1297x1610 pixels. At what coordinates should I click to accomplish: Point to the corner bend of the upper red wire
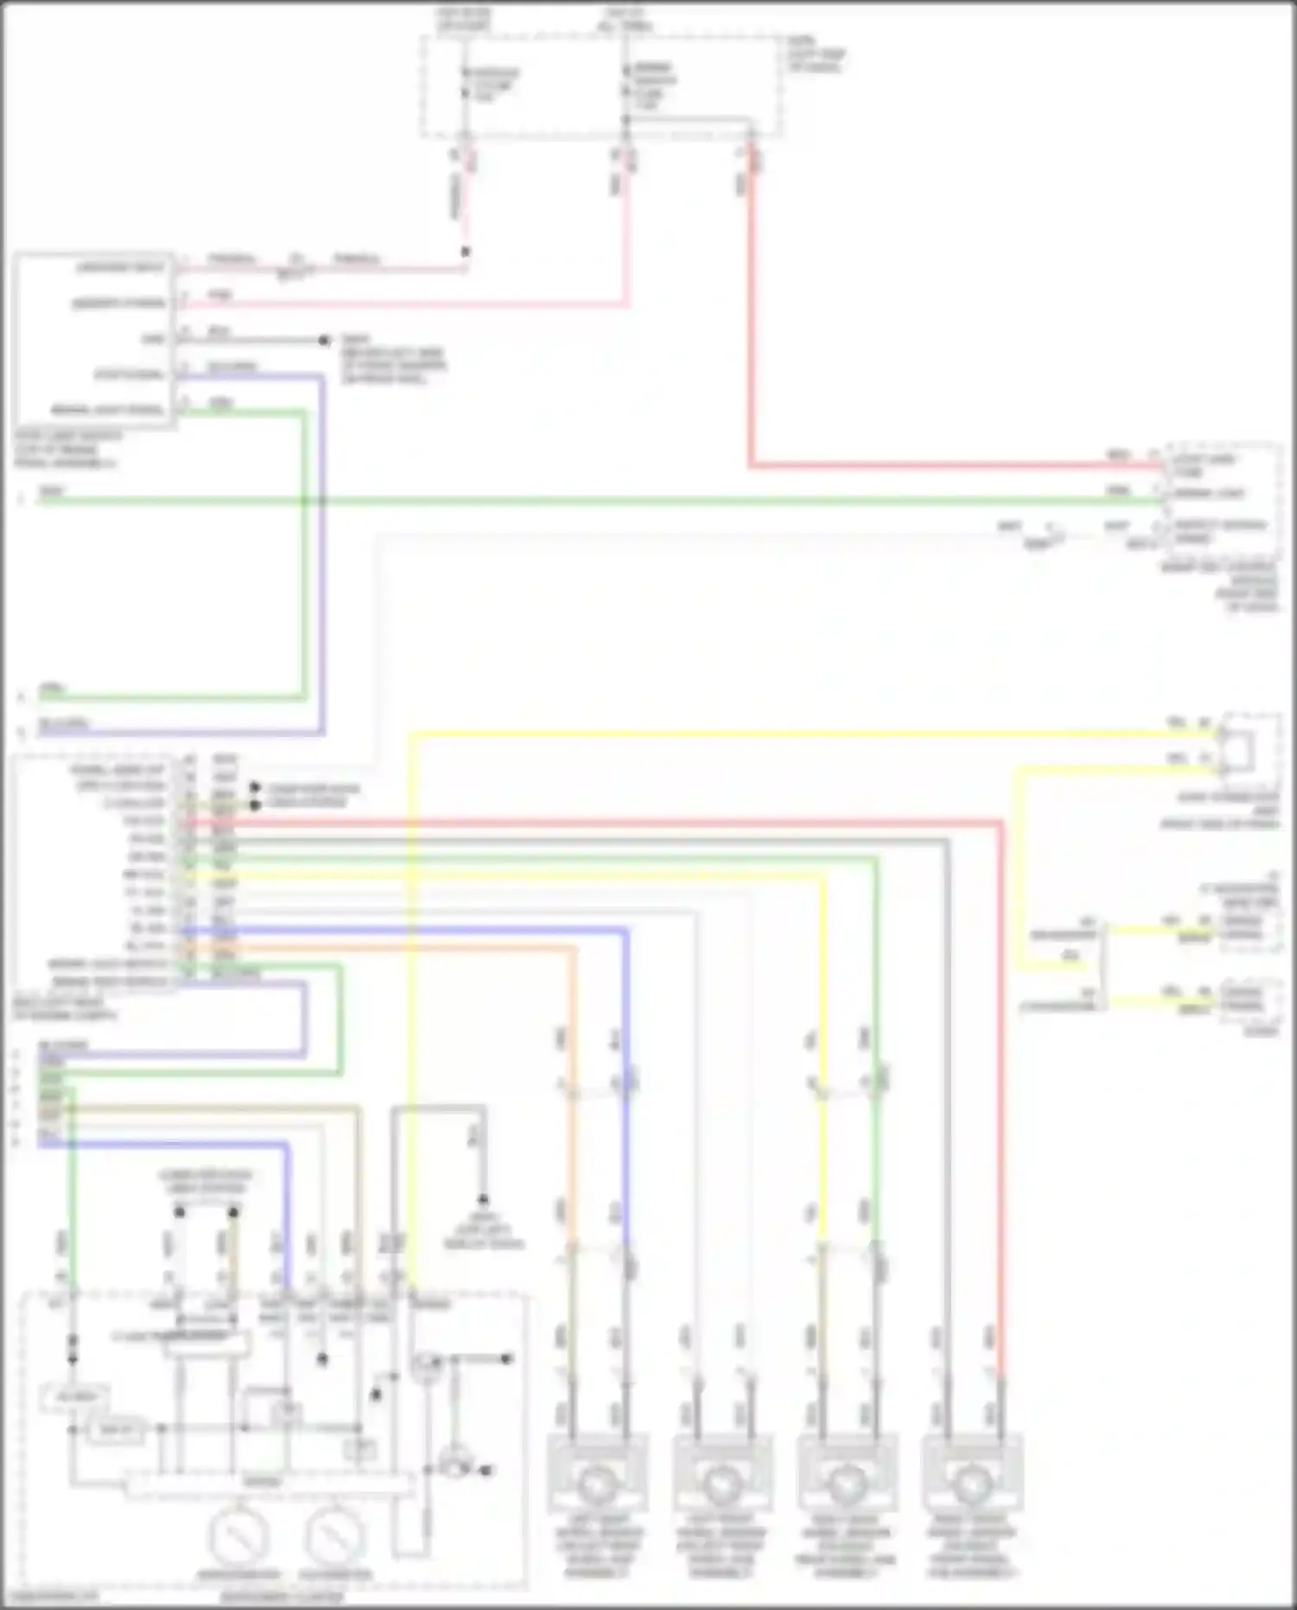(751, 466)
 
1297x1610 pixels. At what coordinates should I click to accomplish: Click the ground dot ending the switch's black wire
(324, 341)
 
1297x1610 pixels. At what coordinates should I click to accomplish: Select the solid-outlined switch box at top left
(93, 340)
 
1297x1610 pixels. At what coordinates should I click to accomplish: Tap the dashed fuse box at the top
(602, 87)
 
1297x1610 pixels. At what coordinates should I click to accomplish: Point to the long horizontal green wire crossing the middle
(605, 500)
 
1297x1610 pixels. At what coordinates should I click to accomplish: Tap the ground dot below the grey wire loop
(483, 1200)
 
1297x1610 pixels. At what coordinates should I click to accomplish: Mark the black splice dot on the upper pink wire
(465, 252)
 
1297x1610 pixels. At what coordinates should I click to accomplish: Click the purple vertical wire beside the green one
(322, 554)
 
